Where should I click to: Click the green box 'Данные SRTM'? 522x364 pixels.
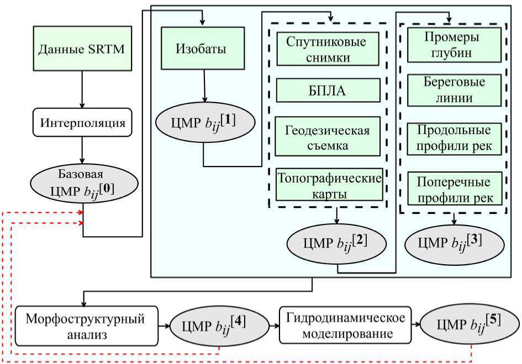tap(81, 50)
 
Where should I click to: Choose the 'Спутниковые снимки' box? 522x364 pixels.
tap(328, 49)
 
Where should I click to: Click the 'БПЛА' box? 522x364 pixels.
tap(328, 90)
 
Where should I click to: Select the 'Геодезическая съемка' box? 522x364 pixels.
tap(328, 137)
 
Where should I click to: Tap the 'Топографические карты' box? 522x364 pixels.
tap(330, 184)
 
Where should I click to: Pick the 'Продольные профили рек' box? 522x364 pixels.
tap(454, 139)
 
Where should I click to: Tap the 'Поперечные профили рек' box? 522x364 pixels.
tap(454, 189)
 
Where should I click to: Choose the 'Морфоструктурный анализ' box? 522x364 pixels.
tap(88, 326)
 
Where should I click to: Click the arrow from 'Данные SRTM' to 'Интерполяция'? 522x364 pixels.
tap(82, 88)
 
